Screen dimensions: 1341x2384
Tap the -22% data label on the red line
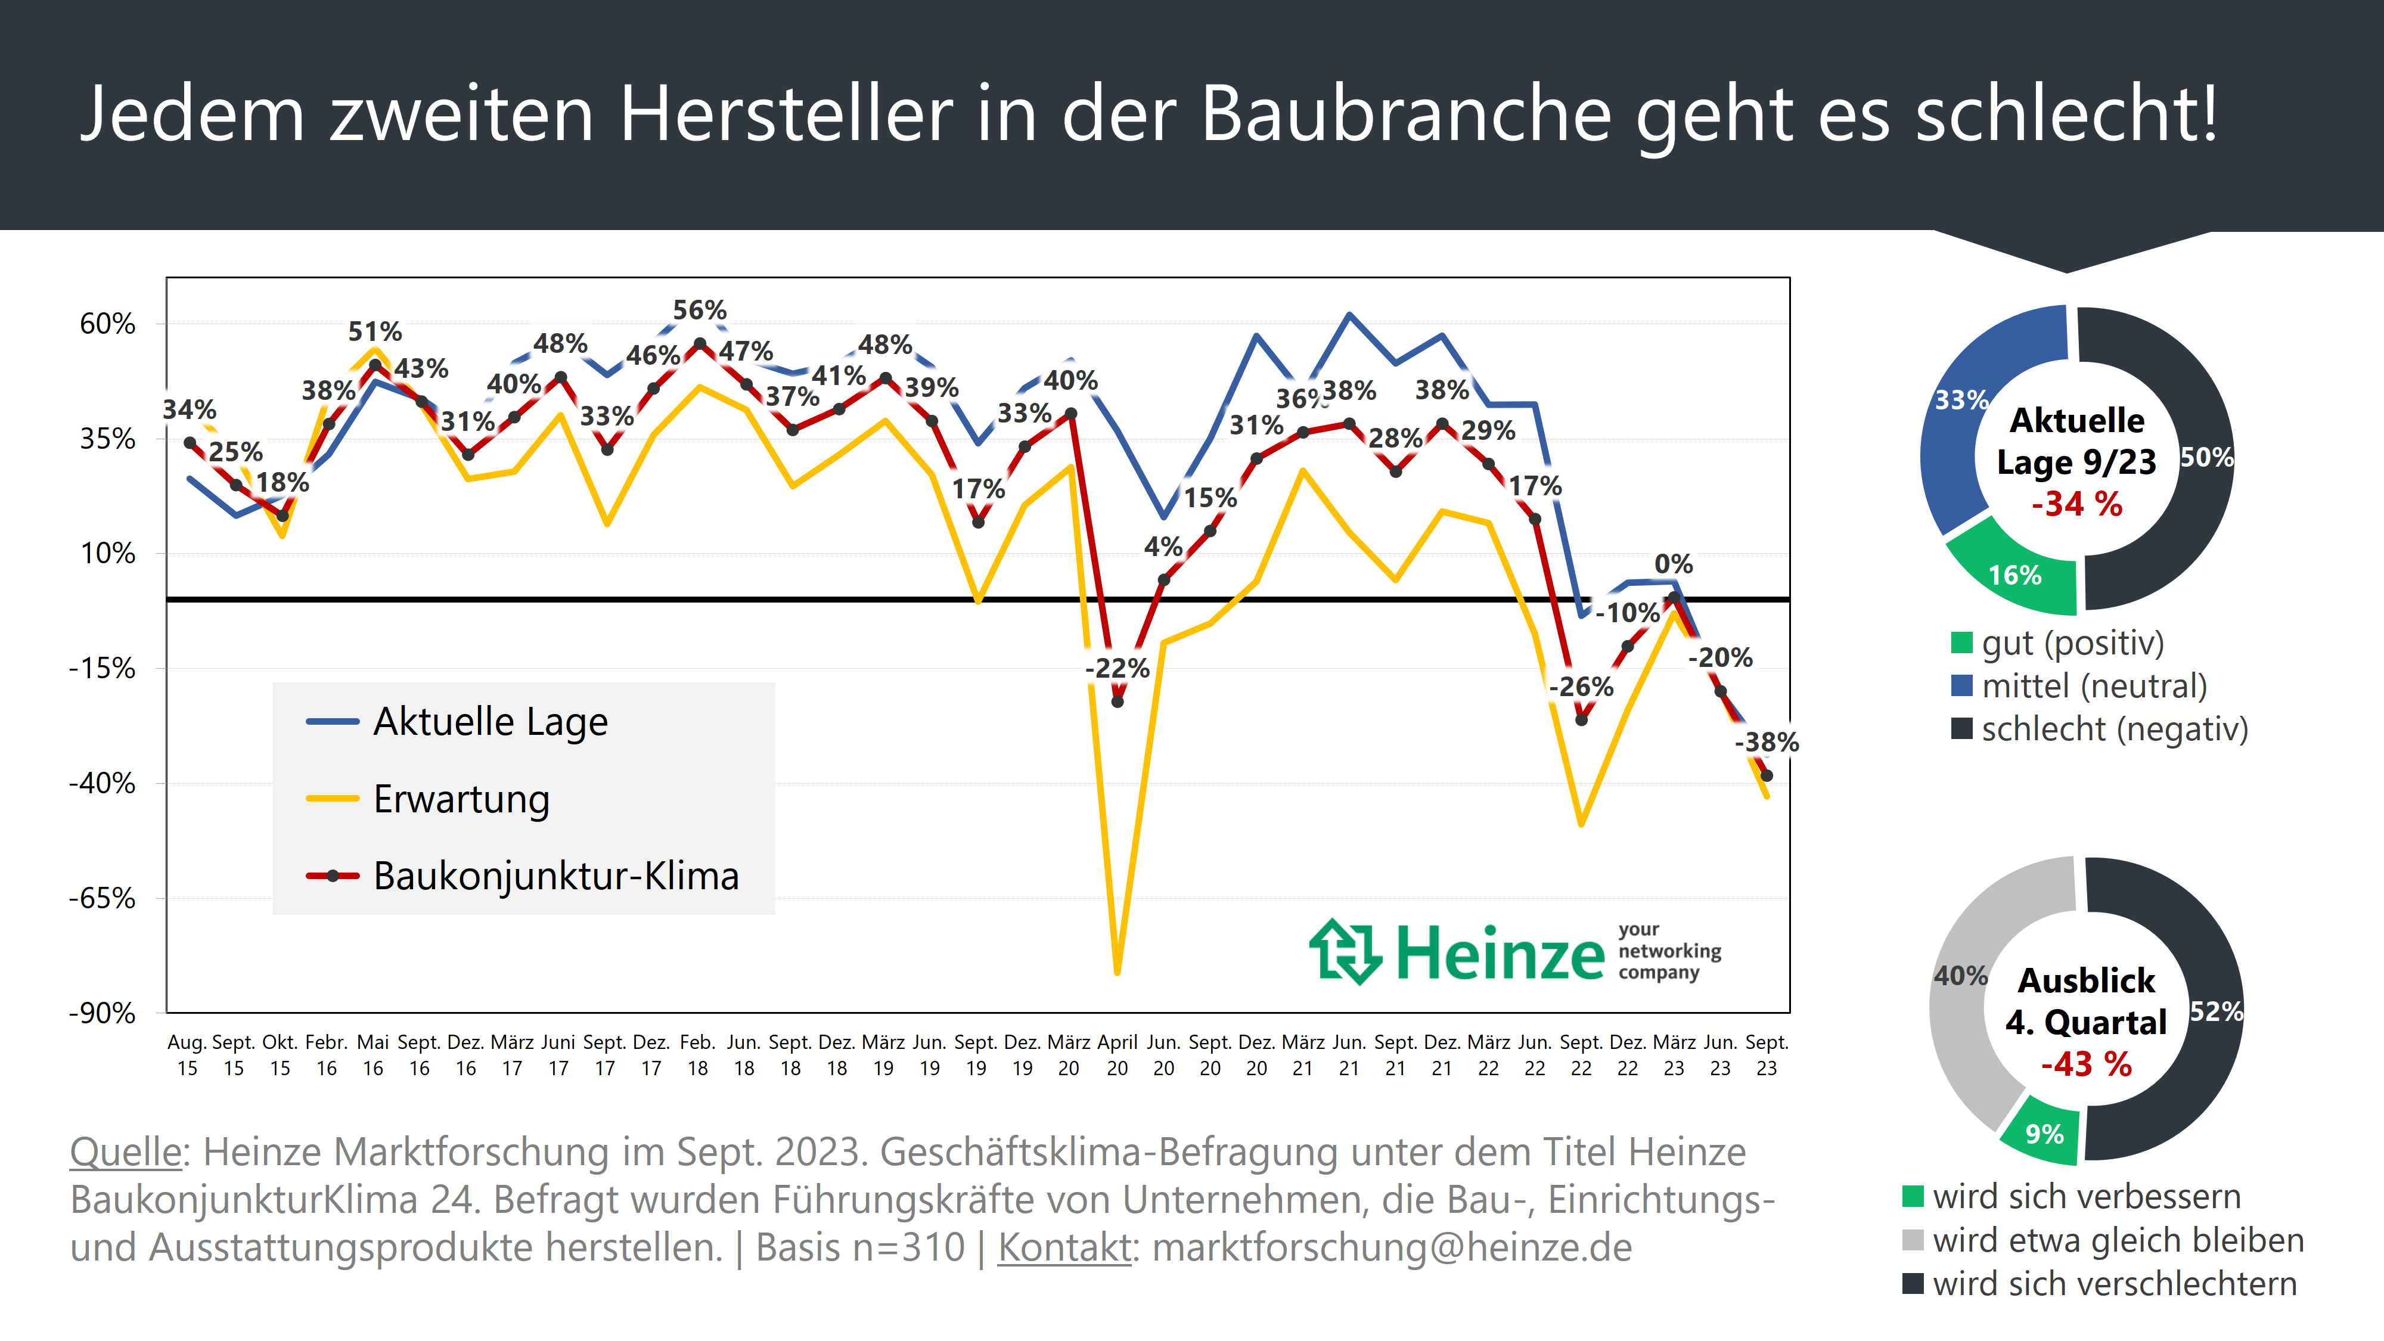coord(1117,668)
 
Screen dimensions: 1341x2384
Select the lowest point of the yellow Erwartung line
coord(1117,971)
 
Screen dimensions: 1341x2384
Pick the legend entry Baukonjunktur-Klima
coord(555,876)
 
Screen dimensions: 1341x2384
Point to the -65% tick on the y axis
coord(102,898)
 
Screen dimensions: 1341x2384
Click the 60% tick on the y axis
coord(107,324)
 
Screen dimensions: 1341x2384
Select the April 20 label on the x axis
coord(1117,1055)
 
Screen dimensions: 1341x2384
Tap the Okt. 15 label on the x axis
coord(280,1055)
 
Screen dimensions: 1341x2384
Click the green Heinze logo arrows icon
coord(1345,951)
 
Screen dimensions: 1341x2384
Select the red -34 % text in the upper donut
coord(2076,504)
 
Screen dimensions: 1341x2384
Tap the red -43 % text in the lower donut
coord(2086,1064)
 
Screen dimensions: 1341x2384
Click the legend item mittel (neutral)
coord(2093,686)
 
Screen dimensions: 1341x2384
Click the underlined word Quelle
coord(126,1152)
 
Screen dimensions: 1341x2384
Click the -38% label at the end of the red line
coord(1766,742)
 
